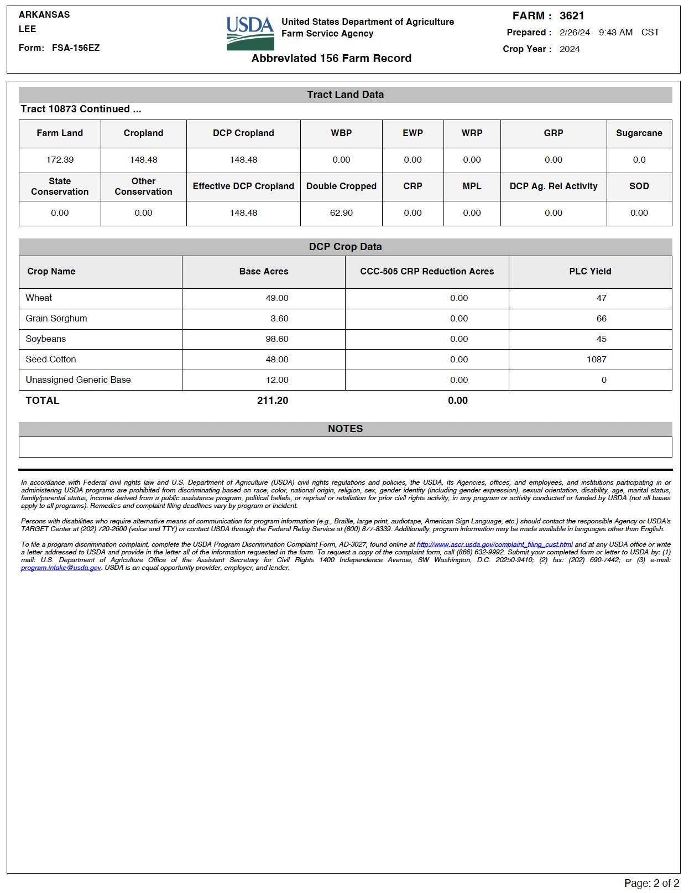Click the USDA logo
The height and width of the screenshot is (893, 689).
coord(250,33)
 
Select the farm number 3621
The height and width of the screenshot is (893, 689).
coord(572,15)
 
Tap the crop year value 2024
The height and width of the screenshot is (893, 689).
coord(570,49)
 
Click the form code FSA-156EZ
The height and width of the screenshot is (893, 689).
coord(76,48)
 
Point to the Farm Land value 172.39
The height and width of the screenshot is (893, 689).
coord(60,160)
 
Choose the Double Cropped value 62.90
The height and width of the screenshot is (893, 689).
coord(341,213)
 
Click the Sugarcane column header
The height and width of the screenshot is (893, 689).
coord(639,133)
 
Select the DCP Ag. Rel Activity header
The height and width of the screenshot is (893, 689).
coord(553,186)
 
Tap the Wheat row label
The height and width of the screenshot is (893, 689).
coord(39,298)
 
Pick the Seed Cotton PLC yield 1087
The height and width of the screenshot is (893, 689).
coord(596,360)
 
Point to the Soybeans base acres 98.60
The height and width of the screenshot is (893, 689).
coord(276,339)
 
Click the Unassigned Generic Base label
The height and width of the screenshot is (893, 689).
coord(78,380)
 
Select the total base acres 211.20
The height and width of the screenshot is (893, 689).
coord(272,401)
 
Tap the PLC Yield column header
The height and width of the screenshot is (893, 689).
coord(590,272)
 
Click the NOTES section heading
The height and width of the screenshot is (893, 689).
coord(345,429)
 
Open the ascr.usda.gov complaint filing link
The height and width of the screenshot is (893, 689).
coord(494,544)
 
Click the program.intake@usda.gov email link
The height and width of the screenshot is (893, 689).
coord(61,568)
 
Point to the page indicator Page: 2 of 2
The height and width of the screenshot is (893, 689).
coord(651,883)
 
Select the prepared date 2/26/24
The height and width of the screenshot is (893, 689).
coord(575,32)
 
